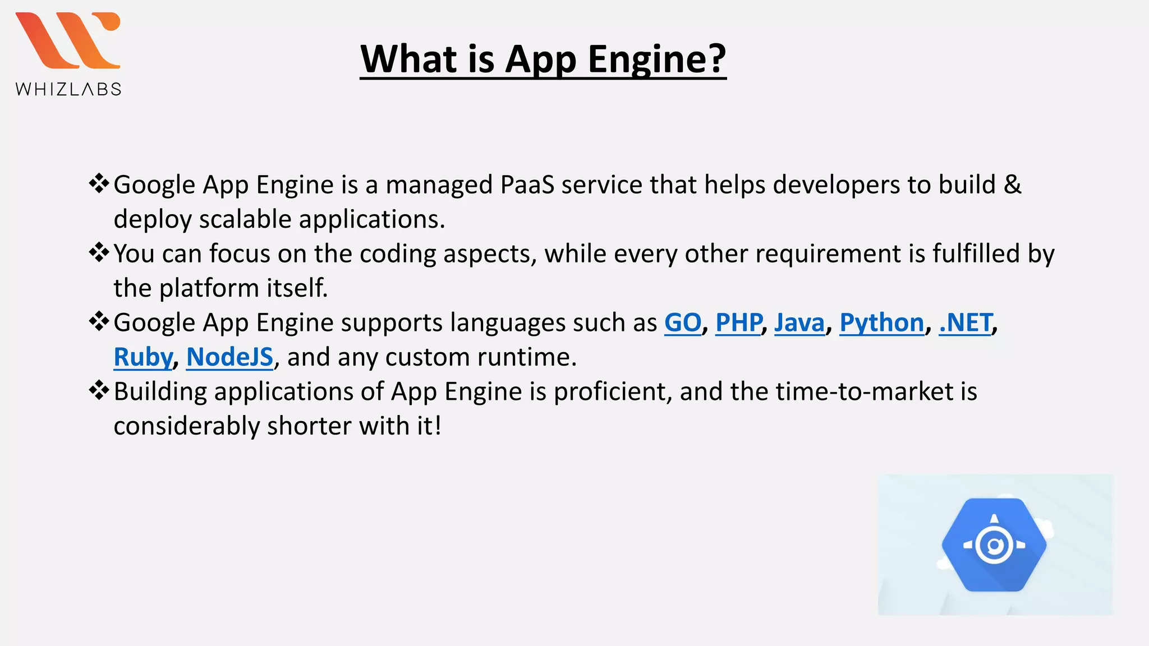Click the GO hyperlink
point(682,323)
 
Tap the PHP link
point(738,323)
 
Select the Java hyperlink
point(799,323)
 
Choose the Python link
point(881,323)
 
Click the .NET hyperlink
point(966,323)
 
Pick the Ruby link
point(143,357)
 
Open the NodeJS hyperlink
point(229,357)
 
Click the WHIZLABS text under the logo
point(68,89)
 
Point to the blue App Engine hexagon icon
point(994,545)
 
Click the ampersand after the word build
point(1012,185)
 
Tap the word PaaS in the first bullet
point(527,185)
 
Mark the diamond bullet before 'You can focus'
point(99,252)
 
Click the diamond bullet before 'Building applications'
point(99,390)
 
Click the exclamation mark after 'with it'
point(438,426)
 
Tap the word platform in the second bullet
point(209,288)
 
